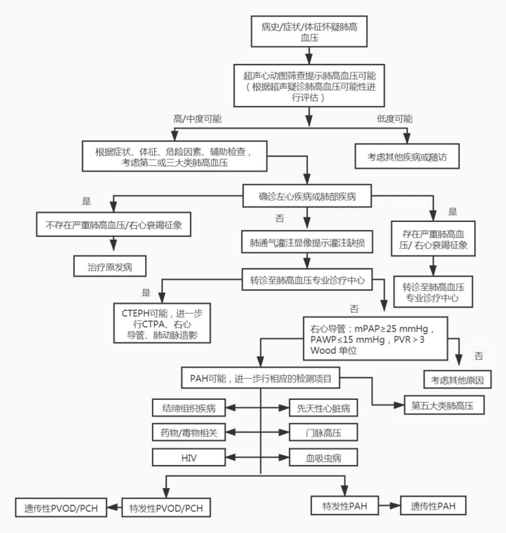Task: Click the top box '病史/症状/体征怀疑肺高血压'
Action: click(x=309, y=32)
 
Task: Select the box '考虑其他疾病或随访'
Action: click(x=407, y=156)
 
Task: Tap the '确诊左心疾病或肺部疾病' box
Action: click(x=307, y=196)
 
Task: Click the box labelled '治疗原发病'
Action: click(x=110, y=267)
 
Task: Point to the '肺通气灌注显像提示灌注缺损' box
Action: click(x=307, y=243)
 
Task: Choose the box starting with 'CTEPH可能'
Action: click(x=162, y=324)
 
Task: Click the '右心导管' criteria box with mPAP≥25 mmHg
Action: click(x=375, y=339)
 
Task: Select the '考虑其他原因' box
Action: click(x=457, y=380)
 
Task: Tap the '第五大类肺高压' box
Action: click(x=444, y=405)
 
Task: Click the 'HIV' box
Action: click(x=189, y=458)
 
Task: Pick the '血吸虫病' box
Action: click(x=323, y=458)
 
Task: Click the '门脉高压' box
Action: click(x=323, y=433)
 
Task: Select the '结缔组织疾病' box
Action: click(x=189, y=408)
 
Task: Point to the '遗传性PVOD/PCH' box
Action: click(x=61, y=508)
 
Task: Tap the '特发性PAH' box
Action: click(x=344, y=506)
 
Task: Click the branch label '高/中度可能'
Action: click(x=197, y=119)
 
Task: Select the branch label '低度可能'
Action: click(x=394, y=119)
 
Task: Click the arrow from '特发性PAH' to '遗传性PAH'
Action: click(x=389, y=506)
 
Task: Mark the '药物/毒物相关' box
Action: click(x=189, y=433)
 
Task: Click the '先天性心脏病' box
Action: click(x=323, y=408)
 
